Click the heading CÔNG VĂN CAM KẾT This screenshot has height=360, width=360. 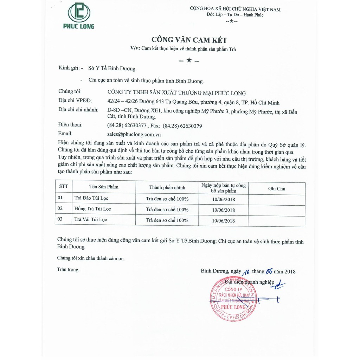[x=189, y=40]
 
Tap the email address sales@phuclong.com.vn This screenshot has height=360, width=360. [x=134, y=134]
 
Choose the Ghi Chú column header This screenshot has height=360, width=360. [x=276, y=188]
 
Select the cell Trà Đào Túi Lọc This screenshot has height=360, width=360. [x=91, y=198]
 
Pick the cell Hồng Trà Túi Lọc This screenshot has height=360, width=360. [x=92, y=209]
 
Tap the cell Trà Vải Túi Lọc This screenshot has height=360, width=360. [x=91, y=219]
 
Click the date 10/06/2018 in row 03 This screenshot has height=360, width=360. [x=223, y=221]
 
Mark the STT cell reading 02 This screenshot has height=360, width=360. [x=60, y=208]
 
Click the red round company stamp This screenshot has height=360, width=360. [x=233, y=299]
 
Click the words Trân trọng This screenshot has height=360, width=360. [x=68, y=270]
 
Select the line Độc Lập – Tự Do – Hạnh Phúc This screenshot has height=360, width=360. [x=235, y=15]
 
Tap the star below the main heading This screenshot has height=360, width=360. [x=189, y=60]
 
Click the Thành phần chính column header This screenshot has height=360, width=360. [x=167, y=187]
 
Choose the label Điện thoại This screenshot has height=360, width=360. [x=70, y=125]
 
